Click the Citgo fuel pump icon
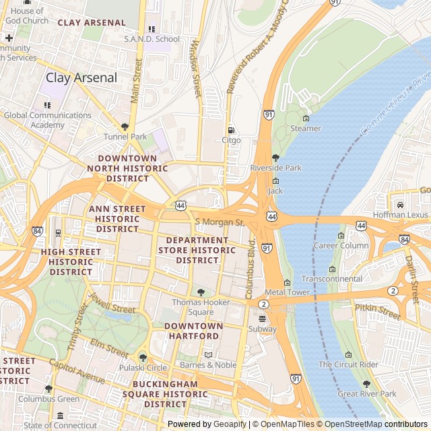point(231,130)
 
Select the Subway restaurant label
point(262,329)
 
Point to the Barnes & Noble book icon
point(208,354)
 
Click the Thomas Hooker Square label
point(201,307)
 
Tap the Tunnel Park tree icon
point(125,127)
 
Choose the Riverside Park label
point(275,168)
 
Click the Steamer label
point(305,129)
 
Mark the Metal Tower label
point(287,292)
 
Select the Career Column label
point(341,246)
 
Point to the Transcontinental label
point(332,279)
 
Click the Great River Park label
point(367,394)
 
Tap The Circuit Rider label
point(348,364)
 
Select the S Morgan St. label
point(219,222)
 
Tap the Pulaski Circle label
point(143,368)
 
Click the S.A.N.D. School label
point(152,39)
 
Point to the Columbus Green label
point(48,399)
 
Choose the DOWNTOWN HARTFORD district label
point(193,331)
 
